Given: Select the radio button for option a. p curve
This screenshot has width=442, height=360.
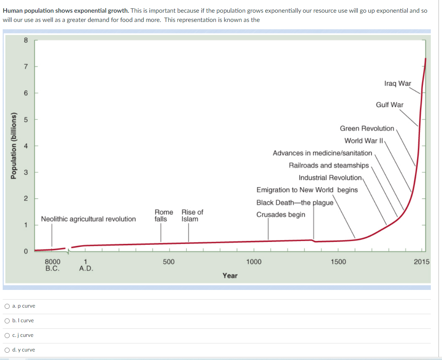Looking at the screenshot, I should tap(7, 306).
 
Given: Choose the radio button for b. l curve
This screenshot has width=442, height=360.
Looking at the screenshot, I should tap(7, 321).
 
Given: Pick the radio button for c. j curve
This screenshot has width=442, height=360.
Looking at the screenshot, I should tap(7, 335).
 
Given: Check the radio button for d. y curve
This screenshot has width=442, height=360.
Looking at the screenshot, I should tap(7, 350).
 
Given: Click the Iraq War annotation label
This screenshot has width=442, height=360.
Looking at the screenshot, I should tap(398, 84).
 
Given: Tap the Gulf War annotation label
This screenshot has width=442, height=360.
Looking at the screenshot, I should tap(390, 105).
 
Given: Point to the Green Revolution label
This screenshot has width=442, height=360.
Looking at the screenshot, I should tap(367, 128).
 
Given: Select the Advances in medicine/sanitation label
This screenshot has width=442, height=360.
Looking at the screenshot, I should tap(322, 153).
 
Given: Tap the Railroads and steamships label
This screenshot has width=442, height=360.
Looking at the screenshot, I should tap(329, 165).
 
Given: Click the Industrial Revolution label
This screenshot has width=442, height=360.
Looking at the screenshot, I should tap(330, 177).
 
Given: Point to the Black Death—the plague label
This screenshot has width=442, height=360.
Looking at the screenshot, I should tap(295, 203).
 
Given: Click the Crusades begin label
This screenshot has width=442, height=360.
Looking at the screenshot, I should tap(281, 214).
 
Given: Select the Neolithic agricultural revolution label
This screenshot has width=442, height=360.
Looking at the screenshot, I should tap(88, 219).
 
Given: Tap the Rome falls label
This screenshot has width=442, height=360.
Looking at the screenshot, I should tap(164, 216).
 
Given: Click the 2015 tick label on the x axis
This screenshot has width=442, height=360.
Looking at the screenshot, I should tap(422, 262).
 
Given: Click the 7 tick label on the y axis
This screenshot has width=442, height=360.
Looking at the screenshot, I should tap(25, 67).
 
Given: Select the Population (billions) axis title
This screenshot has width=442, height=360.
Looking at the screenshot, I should tap(14, 145).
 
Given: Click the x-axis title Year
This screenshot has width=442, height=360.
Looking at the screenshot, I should tap(230, 276).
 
